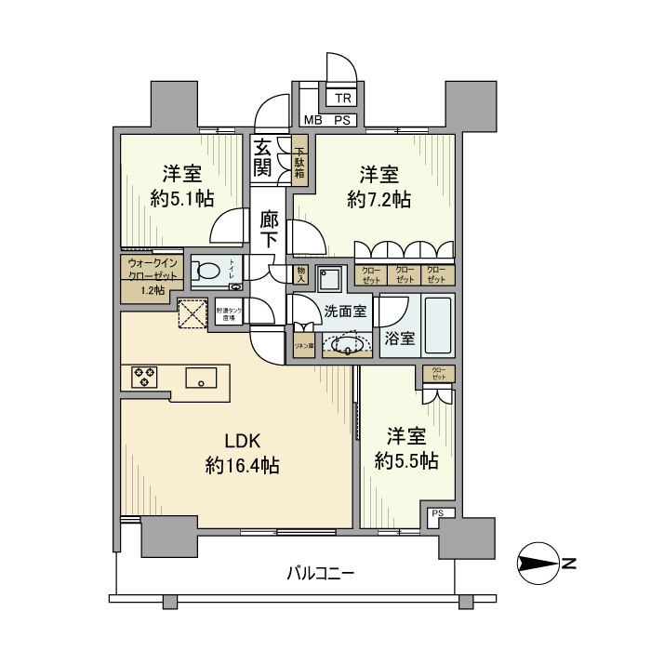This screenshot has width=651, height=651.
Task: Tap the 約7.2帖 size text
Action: click(379, 199)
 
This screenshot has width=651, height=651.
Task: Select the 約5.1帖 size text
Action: click(182, 199)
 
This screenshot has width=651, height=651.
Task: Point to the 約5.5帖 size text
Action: click(406, 460)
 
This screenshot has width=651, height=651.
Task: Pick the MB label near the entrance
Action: click(313, 120)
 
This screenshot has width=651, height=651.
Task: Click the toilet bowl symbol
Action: click(211, 272)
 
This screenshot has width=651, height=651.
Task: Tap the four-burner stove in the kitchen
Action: click(145, 377)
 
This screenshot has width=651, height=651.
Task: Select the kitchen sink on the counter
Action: click(201, 378)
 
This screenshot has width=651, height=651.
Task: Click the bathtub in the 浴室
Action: click(438, 325)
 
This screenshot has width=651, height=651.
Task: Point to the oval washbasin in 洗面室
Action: click(346, 347)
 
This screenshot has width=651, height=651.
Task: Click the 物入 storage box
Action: click(300, 274)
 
